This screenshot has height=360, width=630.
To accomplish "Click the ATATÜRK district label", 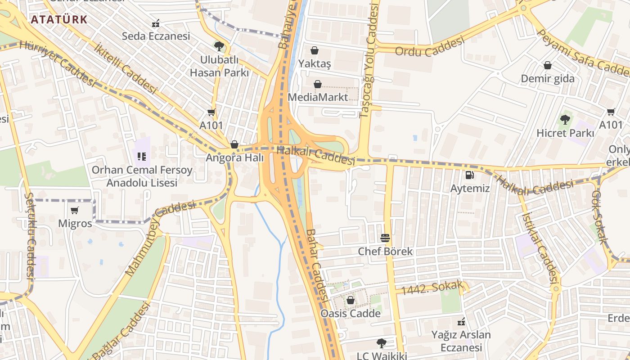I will (59, 19).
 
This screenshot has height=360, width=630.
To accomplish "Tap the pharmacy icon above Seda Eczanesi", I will (156, 23).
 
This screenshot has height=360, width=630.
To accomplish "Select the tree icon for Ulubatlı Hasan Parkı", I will (219, 46).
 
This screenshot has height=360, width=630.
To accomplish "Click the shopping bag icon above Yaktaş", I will (315, 50).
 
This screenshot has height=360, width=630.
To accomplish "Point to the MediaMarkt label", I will (318, 97).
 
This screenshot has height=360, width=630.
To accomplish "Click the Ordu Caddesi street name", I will (429, 46).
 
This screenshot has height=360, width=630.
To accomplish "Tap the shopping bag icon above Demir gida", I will (548, 66).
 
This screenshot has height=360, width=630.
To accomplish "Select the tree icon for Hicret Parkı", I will (565, 120).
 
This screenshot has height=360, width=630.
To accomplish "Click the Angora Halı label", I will (234, 158).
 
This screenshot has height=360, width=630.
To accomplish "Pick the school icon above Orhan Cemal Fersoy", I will (142, 157).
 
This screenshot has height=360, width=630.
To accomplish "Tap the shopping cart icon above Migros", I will (75, 210).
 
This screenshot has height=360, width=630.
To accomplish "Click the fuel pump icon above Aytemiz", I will (469, 175).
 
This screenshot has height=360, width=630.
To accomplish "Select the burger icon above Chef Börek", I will (385, 238).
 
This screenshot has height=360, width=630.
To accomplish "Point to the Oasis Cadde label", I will (351, 313).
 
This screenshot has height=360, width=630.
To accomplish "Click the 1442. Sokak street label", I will (432, 288).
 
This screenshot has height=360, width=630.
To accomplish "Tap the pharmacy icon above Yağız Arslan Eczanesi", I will (461, 322).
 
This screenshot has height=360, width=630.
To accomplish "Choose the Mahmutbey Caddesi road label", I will (160, 238).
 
